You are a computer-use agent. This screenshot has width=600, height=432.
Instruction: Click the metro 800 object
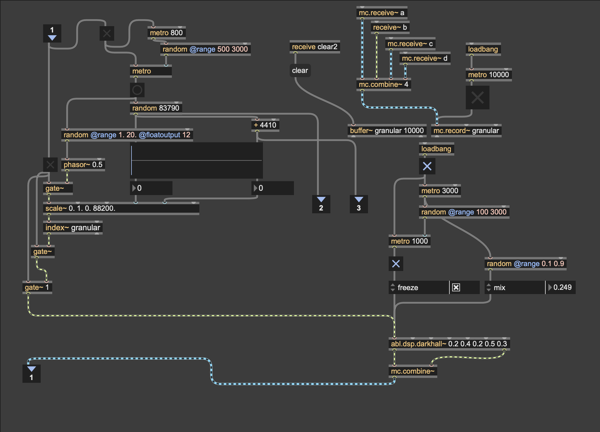tap(166, 33)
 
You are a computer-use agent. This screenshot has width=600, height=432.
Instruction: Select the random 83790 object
tap(156, 108)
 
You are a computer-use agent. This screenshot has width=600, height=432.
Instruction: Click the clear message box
tap(300, 70)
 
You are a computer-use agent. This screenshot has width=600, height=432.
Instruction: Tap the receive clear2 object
tap(314, 47)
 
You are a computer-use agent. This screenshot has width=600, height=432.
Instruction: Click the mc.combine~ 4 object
tap(383, 84)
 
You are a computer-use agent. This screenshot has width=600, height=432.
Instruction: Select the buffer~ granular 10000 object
tap(387, 131)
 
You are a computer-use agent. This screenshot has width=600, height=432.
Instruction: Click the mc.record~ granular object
tap(466, 131)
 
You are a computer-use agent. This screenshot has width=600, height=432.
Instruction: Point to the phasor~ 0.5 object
tap(83, 165)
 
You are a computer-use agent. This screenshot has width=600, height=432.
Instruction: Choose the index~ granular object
tap(73, 228)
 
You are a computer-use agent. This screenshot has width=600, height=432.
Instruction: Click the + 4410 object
tap(265, 125)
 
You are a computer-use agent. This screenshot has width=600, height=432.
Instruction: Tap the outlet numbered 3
tap(359, 204)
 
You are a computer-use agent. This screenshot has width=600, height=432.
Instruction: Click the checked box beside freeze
tap(456, 287)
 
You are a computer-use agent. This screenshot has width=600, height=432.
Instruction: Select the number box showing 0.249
tap(562, 287)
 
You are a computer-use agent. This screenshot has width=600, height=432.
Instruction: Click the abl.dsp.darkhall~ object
tap(449, 344)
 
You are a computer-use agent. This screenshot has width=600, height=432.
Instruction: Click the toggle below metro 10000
tap(477, 98)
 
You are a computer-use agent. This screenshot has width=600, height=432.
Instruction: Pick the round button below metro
tap(137, 90)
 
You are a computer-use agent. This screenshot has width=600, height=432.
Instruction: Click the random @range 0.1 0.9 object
tap(525, 264)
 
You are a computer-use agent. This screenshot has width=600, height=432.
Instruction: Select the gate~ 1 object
tap(37, 287)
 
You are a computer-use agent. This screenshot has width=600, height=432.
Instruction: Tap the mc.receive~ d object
tap(424, 58)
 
